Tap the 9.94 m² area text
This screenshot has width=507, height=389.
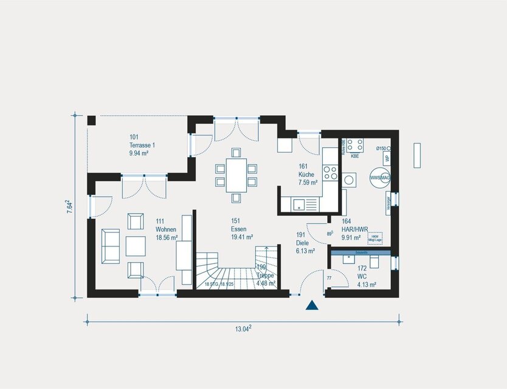[140, 154]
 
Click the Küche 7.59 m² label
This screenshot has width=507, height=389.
[308, 174]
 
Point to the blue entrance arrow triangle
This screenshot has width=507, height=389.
[312, 305]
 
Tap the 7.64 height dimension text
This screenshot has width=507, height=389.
[69, 206]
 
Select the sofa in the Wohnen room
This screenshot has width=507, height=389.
[111, 245]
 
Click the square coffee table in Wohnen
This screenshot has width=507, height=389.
[136, 245]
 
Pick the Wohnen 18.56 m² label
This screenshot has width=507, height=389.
[166, 234]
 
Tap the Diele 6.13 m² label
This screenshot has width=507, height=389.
[305, 242]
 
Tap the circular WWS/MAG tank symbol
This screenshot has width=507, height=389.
[380, 177]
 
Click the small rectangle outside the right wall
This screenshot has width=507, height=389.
[417, 155]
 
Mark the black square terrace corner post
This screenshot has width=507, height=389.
[91, 120]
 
